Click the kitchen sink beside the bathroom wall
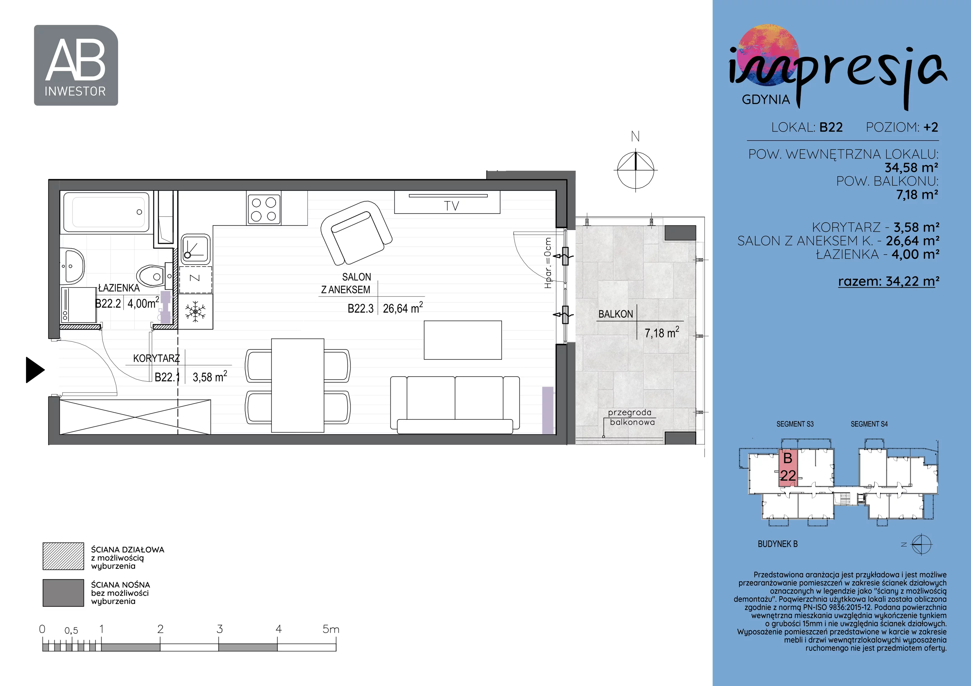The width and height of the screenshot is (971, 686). [195, 249]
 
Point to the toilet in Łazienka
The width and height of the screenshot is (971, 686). [151, 276]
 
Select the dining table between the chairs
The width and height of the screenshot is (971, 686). [298, 385]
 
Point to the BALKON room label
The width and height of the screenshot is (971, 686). [615, 314]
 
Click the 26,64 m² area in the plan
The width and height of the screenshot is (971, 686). [403, 308]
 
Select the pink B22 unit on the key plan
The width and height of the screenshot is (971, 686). [787, 468]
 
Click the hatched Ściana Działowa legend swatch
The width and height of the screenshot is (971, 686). [63, 556]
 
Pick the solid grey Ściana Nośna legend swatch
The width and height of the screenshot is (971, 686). [63, 593]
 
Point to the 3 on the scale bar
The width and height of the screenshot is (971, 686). [219, 629]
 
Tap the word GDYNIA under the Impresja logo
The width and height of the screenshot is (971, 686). [766, 99]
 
